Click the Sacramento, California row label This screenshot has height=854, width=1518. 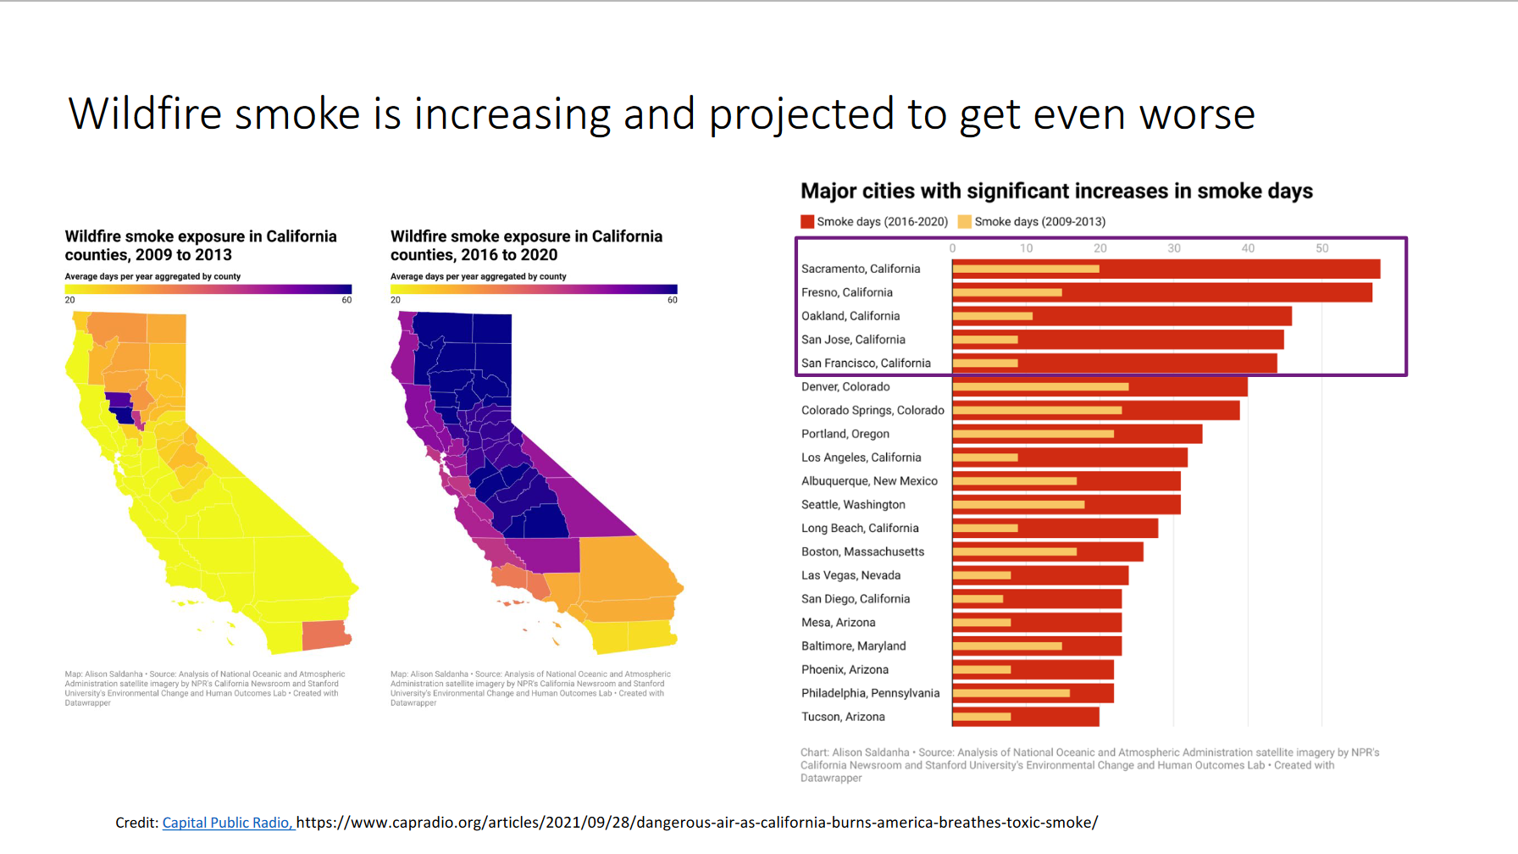861,269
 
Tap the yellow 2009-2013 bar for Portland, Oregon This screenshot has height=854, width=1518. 1033,434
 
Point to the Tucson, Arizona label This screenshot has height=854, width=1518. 843,717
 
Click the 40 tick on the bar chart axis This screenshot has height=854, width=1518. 1248,248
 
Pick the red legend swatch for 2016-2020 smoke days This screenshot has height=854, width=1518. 807,222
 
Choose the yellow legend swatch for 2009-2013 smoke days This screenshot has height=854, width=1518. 965,222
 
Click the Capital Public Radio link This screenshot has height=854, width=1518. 227,823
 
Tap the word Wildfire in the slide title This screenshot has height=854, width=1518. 145,114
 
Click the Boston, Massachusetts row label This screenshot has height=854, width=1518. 863,552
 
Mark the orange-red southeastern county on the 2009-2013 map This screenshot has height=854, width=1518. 326,635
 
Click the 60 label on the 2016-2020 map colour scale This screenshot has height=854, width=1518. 673,300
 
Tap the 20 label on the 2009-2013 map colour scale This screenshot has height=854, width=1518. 69,300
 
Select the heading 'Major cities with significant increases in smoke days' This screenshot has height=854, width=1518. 1057,191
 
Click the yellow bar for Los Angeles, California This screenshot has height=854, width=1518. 985,457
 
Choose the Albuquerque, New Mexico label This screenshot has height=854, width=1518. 870,481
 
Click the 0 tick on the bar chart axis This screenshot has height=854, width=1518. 953,248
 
